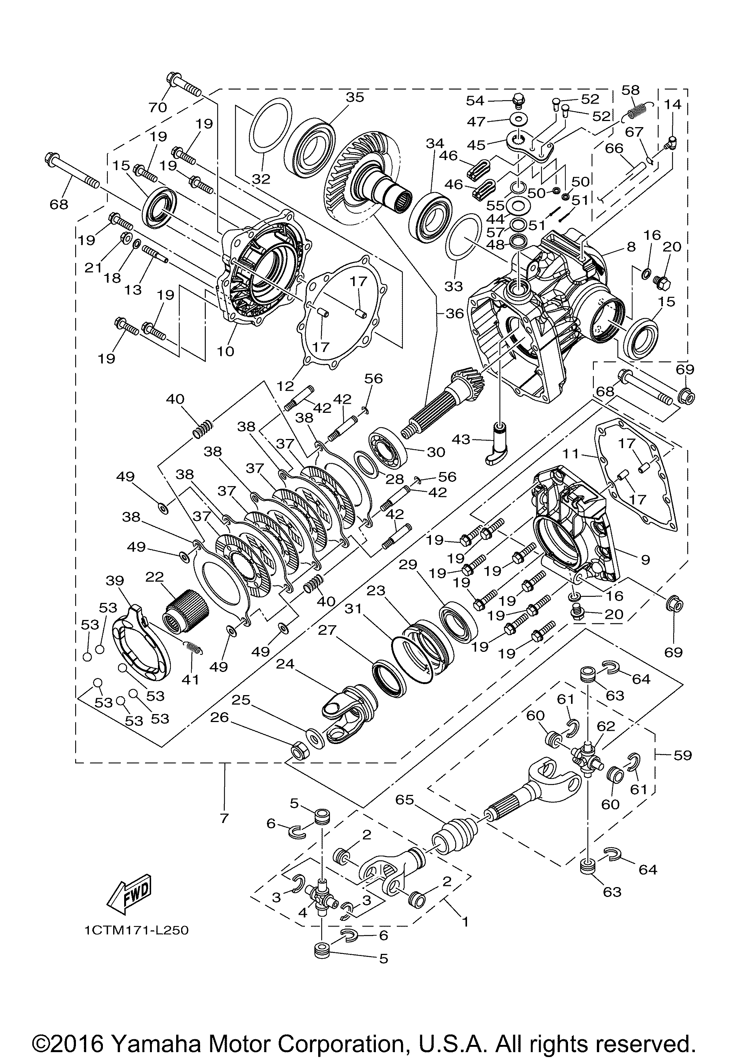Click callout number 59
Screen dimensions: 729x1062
(x=682, y=755)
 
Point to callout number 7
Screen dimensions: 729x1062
(x=224, y=818)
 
